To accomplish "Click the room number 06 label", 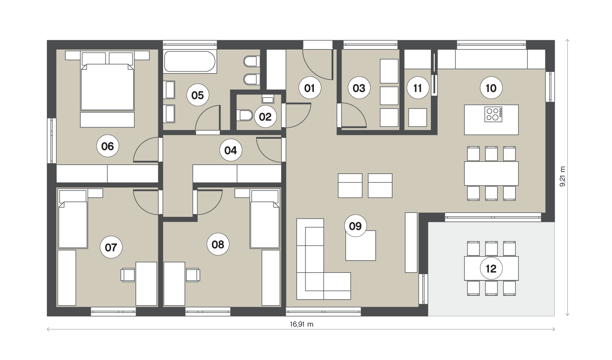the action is pos(108,146).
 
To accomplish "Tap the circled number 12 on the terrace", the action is pos(491,269).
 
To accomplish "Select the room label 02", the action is pos(265,117).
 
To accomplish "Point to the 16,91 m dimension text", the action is pos(301,324).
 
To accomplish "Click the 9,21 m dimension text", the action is pos(562,177).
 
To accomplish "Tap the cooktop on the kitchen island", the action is pos(493,114).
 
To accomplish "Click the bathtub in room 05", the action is pos(190,61).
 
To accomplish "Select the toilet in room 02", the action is pos(245,115).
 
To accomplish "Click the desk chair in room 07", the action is pos(127,275).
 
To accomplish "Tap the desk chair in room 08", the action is pos(193,275).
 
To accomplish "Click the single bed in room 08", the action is pos(265,219).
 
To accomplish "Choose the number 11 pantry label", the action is pos(418,88).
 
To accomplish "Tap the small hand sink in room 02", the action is pos(268,99).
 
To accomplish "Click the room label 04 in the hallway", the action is pos(231,150).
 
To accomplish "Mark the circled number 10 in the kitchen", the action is pos(491,88).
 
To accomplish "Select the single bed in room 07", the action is pos(73,219).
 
